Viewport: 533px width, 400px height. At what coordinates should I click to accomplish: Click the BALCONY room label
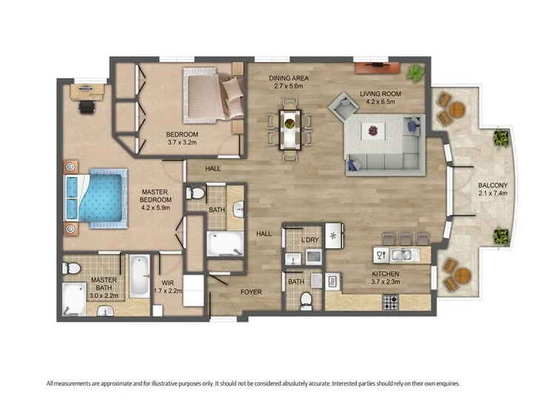492,185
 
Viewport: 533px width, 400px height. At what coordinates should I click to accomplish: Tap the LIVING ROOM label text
381,93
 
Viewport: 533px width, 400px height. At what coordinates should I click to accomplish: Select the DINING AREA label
289,79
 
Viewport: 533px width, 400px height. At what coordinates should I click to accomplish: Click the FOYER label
251,292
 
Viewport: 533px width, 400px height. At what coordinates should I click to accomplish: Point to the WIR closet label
167,283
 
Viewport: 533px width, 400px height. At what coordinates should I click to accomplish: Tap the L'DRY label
310,240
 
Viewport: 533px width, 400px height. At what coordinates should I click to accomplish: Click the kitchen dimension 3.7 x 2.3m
386,281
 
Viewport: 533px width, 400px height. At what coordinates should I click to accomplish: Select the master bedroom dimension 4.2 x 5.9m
155,207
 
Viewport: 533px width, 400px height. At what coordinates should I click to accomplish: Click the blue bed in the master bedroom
95,199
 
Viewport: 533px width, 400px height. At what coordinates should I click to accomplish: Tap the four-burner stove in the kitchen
391,302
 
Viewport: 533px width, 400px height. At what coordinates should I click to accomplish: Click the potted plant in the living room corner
415,73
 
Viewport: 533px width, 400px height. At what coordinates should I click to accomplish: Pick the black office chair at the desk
87,107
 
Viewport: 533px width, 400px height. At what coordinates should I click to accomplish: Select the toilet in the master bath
71,268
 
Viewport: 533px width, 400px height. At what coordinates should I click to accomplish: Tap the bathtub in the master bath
139,276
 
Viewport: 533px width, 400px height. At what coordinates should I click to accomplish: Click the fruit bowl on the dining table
290,123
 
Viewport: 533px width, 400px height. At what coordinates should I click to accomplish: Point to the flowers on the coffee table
373,130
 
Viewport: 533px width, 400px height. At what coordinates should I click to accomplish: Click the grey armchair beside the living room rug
343,106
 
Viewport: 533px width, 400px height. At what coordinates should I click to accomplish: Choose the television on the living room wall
377,64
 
